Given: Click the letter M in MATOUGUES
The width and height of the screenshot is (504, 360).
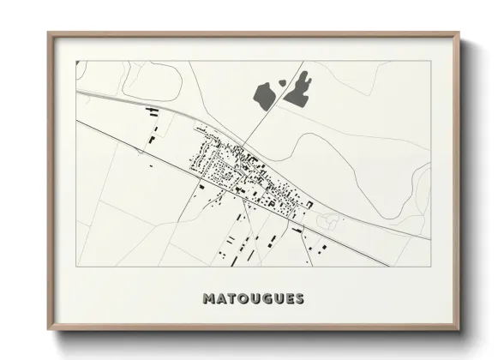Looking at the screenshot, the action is point(208,299).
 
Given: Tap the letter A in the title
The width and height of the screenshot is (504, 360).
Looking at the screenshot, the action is point(221,299).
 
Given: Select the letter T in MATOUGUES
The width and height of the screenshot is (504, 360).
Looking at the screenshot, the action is point(232,299).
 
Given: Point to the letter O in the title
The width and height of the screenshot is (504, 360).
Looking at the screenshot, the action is point(244,299).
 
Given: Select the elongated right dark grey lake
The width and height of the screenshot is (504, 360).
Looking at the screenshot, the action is point(298,90).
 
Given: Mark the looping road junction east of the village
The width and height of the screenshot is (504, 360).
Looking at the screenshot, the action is point(327,219).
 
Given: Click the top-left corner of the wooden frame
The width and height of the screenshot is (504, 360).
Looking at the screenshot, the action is point(49,34).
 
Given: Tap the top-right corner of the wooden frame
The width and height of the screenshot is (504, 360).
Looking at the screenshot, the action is point(459,34).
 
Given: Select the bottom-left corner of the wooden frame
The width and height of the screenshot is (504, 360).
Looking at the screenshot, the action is point(49,330).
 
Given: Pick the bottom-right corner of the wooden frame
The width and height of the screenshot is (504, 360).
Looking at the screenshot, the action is point(459,330).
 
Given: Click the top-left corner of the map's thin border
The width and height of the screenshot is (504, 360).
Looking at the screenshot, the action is point(76,61).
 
